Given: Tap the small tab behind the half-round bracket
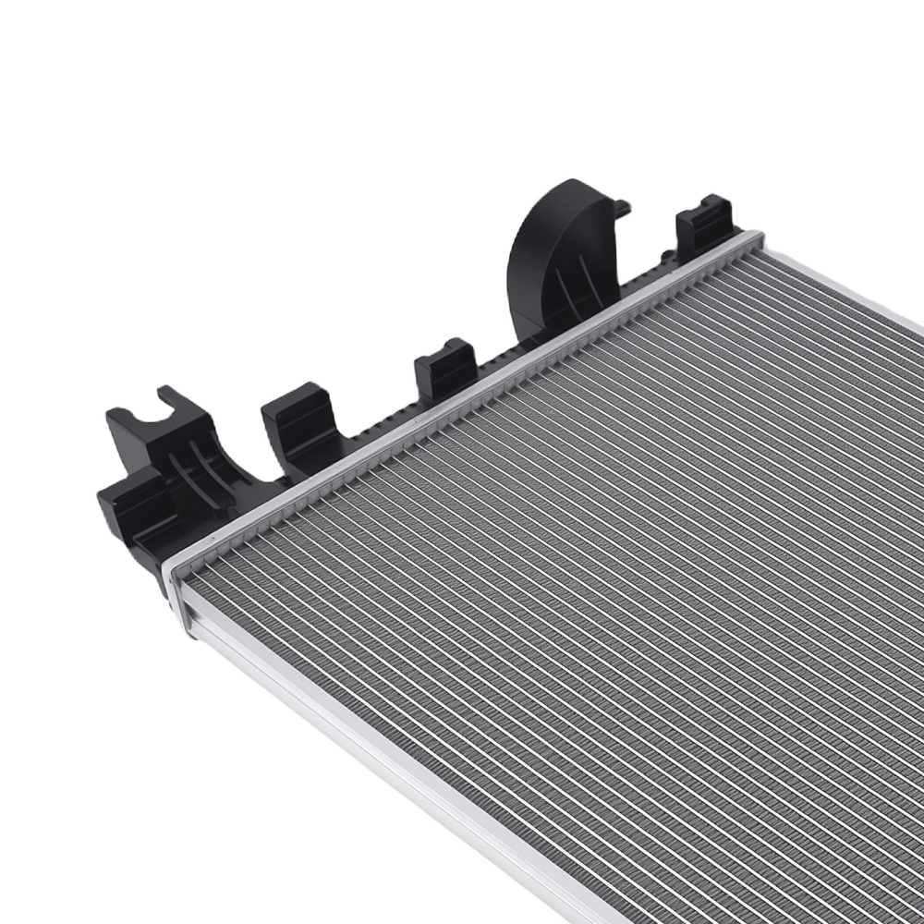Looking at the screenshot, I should (x=622, y=207).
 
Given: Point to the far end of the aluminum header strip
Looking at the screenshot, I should (x=753, y=242).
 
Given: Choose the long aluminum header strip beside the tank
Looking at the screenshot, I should (x=462, y=407).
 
